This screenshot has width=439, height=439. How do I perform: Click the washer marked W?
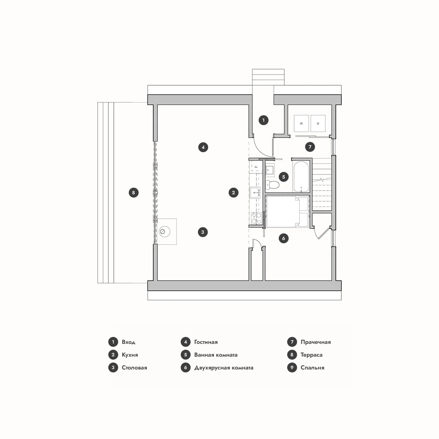point(301,123)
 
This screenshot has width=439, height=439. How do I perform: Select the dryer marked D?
point(318,123)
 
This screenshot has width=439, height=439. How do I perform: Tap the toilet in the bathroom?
point(273,184)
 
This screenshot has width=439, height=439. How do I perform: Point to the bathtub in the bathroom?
point(301,177)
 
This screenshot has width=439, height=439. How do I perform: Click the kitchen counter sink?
point(255,192)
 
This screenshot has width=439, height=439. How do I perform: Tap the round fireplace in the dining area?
point(165,232)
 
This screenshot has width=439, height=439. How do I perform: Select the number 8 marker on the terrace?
point(134,192)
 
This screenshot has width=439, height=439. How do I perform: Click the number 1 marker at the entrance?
point(263,120)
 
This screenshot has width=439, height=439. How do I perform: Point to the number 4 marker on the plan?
point(203,147)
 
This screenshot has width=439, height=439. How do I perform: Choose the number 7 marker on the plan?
point(310,147)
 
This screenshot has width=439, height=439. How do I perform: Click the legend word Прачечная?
point(315,342)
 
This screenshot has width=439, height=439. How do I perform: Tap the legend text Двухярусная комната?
point(224,368)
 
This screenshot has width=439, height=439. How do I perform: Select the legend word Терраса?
point(311,355)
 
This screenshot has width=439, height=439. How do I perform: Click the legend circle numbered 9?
point(292,367)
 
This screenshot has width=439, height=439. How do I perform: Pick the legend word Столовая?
point(134,368)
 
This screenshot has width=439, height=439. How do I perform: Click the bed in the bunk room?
point(287,212)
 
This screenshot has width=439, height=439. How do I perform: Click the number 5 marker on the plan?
point(284,177)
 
